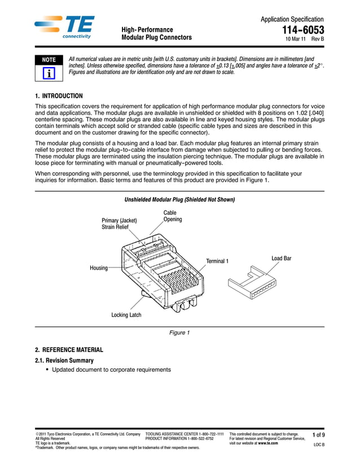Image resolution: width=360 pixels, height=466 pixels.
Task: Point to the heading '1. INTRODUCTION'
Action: (x=59, y=96)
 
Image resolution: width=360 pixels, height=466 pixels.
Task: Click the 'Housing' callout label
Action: (x=99, y=268)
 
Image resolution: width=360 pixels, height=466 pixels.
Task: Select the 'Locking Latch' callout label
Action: (x=126, y=315)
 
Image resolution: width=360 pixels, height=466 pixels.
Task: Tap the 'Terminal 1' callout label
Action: (x=217, y=261)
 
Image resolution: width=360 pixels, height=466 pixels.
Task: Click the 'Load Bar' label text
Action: (x=281, y=258)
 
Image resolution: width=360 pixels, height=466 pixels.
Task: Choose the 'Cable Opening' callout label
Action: (x=173, y=216)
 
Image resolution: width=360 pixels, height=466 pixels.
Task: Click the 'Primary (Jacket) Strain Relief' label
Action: (x=119, y=223)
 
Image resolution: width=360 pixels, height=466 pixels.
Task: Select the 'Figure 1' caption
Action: (x=179, y=333)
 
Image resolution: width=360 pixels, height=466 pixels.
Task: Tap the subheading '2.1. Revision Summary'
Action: (x=64, y=360)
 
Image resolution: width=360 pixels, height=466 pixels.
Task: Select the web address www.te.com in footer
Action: (x=267, y=443)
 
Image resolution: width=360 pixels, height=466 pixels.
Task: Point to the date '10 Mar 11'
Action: (x=296, y=39)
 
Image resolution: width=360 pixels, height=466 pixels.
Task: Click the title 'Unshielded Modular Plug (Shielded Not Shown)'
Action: (x=179, y=200)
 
